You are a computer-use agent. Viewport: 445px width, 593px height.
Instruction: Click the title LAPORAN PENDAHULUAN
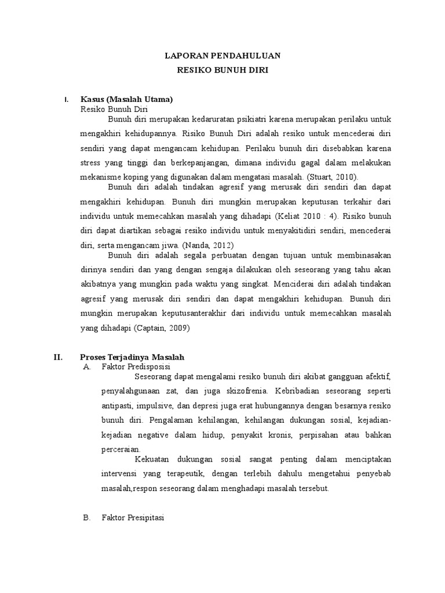pyautogui.click(x=223, y=56)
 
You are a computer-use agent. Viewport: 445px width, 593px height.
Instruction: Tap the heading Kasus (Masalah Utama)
pyautogui.click(x=127, y=99)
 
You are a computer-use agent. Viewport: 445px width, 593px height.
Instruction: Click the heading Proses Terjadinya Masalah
pyautogui.click(x=132, y=357)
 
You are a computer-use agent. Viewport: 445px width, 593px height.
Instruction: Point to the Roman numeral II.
pyautogui.click(x=58, y=357)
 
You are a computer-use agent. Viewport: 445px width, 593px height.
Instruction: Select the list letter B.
pyautogui.click(x=87, y=518)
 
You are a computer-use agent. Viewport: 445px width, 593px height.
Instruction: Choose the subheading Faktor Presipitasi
pyautogui.click(x=133, y=518)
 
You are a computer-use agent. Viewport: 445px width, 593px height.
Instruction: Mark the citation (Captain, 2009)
pyautogui.click(x=162, y=328)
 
